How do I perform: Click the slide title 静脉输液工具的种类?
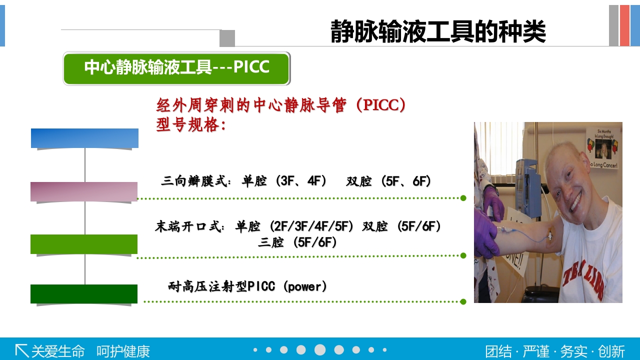tap(438, 32)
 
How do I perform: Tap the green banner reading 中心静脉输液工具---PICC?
tap(176, 68)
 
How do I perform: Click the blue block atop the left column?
tap(84, 138)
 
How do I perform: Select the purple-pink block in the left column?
tap(84, 192)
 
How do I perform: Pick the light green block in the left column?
tap(84, 244)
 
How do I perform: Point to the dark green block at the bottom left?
tap(84, 294)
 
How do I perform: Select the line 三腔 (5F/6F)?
tap(297, 243)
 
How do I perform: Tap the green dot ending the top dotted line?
tap(463, 198)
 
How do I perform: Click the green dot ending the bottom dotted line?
tap(463, 301)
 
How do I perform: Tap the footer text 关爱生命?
tap(58, 351)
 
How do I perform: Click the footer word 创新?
tap(611, 351)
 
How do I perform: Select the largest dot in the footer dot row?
tap(320, 350)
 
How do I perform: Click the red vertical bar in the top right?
tap(624, 25)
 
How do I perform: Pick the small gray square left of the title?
tap(227, 38)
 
